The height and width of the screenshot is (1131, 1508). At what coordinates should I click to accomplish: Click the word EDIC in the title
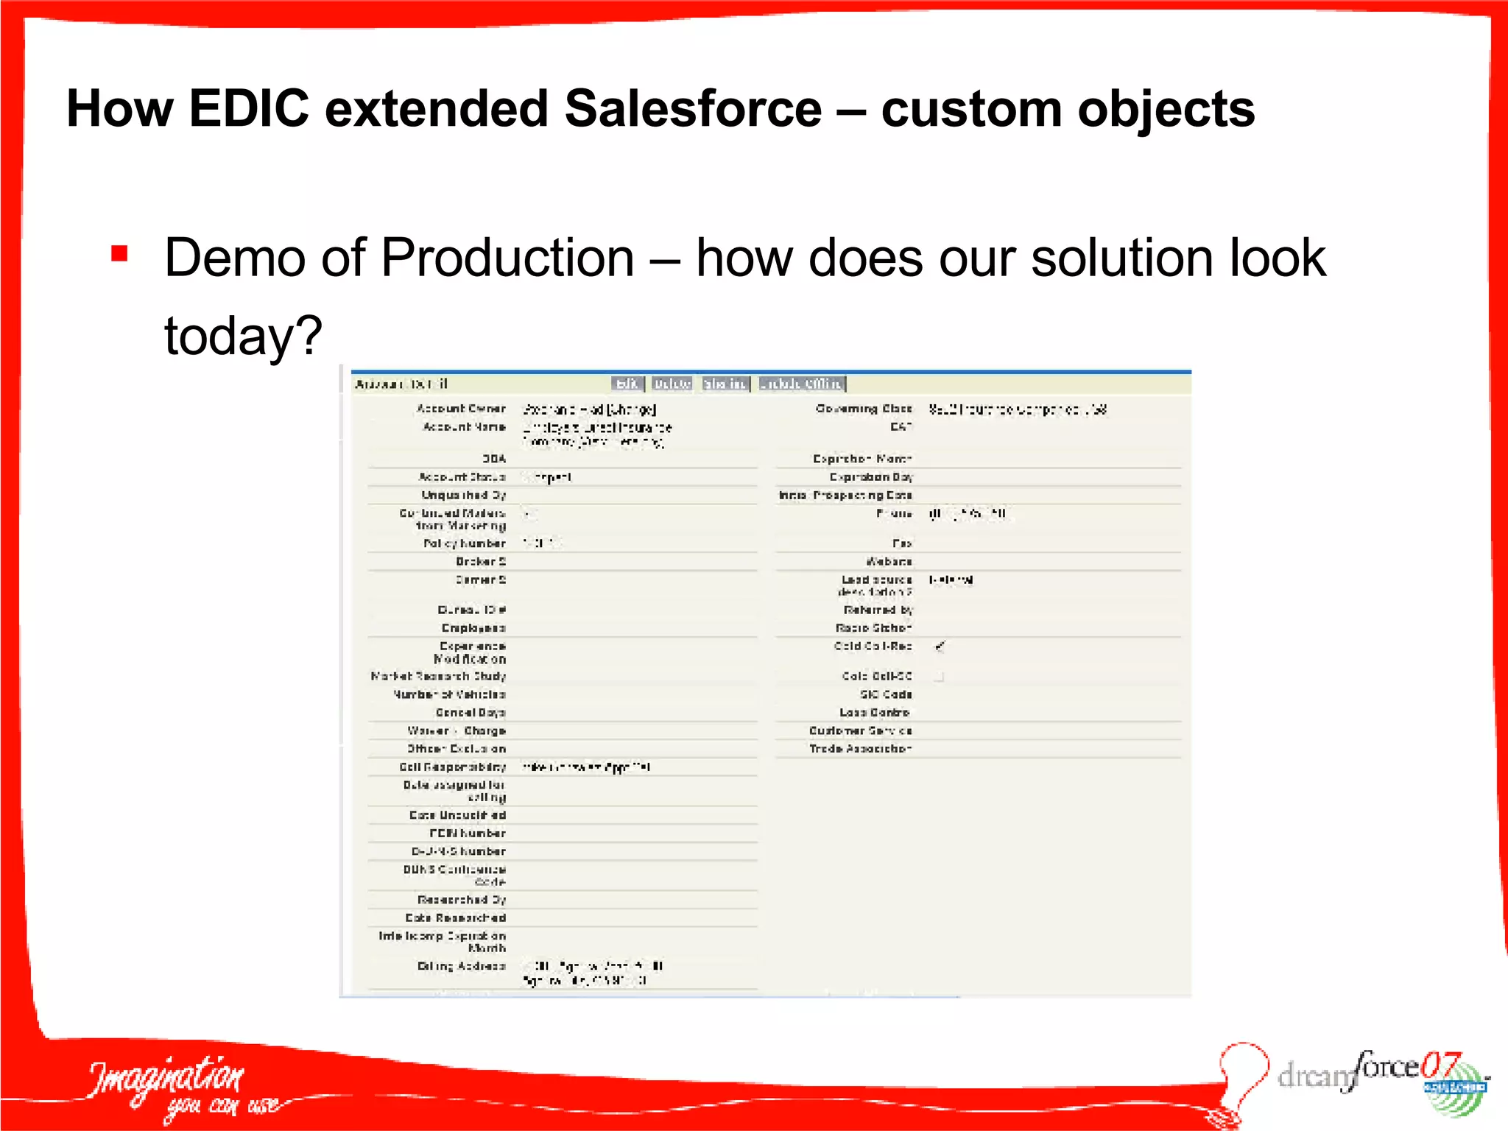[249, 109]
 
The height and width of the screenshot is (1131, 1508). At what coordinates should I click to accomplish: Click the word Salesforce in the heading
[693, 109]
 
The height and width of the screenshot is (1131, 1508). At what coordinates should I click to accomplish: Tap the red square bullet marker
[119, 254]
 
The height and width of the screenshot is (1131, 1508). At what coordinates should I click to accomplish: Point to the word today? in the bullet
[243, 336]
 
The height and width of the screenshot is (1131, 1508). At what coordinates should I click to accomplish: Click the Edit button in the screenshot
[627, 384]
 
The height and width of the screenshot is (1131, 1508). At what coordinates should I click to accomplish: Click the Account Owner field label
[461, 409]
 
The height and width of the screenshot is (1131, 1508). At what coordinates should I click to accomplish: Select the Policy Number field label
[465, 543]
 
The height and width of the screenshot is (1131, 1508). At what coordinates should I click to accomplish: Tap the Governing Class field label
[864, 409]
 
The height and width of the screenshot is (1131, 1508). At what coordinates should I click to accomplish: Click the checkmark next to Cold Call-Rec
[940, 646]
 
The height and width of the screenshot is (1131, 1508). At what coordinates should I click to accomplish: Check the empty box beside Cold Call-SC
[939, 676]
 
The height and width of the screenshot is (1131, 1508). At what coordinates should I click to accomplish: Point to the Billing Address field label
[461, 966]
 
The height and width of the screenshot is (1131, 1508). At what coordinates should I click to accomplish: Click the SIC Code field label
[886, 694]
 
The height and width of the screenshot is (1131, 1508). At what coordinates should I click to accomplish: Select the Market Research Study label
[438, 676]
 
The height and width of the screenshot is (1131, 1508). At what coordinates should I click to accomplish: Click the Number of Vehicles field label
[449, 694]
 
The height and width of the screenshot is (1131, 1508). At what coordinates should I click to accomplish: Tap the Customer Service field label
[860, 730]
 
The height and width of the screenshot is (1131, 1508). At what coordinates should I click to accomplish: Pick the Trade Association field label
[860, 749]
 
